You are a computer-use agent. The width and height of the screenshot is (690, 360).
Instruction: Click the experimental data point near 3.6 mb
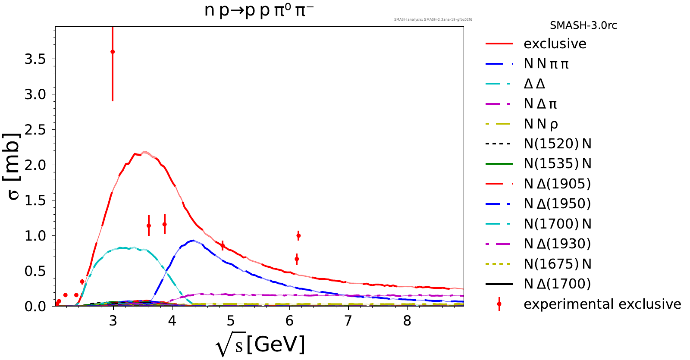[113, 52]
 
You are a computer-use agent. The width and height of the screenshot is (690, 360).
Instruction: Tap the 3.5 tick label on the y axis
[35, 59]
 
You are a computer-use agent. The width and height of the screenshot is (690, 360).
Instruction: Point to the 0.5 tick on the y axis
[35, 271]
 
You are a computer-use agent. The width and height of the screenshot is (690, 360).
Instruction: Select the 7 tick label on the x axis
[348, 321]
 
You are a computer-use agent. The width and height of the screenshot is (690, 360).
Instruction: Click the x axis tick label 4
[172, 321]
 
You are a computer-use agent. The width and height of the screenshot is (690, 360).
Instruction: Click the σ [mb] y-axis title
[14, 166]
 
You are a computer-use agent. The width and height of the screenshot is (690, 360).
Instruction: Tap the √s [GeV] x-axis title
[260, 345]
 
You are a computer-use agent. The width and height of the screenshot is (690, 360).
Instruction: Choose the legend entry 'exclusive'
[555, 44]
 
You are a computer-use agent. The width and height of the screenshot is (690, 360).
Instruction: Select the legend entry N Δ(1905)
[557, 184]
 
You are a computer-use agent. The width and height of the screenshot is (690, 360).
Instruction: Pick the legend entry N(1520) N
[557, 144]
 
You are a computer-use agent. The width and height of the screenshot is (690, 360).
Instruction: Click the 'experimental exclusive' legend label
[602, 304]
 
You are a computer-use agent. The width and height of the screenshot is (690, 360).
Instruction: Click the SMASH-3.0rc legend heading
[583, 25]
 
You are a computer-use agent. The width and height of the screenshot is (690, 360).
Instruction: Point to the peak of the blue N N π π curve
[193, 240]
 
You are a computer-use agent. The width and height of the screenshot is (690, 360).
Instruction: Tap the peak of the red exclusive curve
[144, 152]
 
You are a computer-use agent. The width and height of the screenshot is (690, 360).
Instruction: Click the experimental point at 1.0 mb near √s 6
[298, 236]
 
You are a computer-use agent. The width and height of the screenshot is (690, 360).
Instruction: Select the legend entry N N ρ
[541, 124]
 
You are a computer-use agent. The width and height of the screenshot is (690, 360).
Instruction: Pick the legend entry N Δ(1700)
[557, 284]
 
